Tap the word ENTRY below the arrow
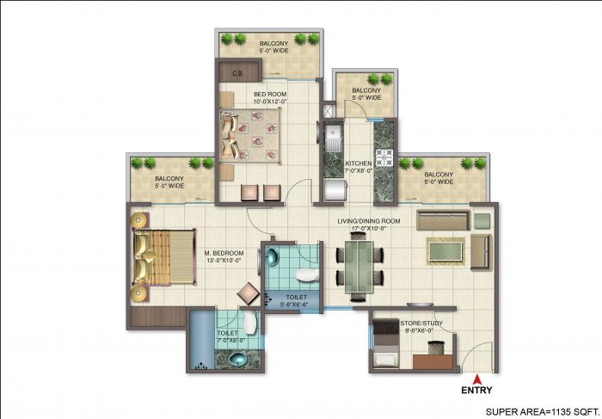coord(477,390)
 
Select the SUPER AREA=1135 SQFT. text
coord(541,410)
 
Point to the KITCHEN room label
coord(358,163)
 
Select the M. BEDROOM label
coord(224,253)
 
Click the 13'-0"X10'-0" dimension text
coord(224,262)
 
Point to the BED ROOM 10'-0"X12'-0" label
coord(269,97)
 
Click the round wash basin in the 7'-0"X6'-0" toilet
coord(237,358)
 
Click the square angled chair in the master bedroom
coord(249,293)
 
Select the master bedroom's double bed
coord(163,257)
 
